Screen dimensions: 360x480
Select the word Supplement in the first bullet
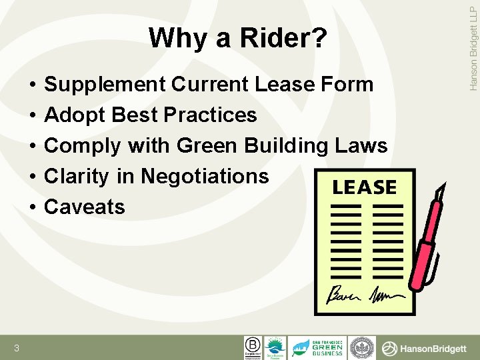pos(105,85)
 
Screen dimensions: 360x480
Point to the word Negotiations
pos(205,176)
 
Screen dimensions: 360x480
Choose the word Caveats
pos(84,207)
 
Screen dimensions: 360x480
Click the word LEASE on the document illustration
pos(364,188)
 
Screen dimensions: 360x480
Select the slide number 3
pos(16,348)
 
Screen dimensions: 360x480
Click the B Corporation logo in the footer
pos(253,347)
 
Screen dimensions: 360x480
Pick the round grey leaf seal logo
pos(363,347)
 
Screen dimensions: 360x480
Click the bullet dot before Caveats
pos(32,207)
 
